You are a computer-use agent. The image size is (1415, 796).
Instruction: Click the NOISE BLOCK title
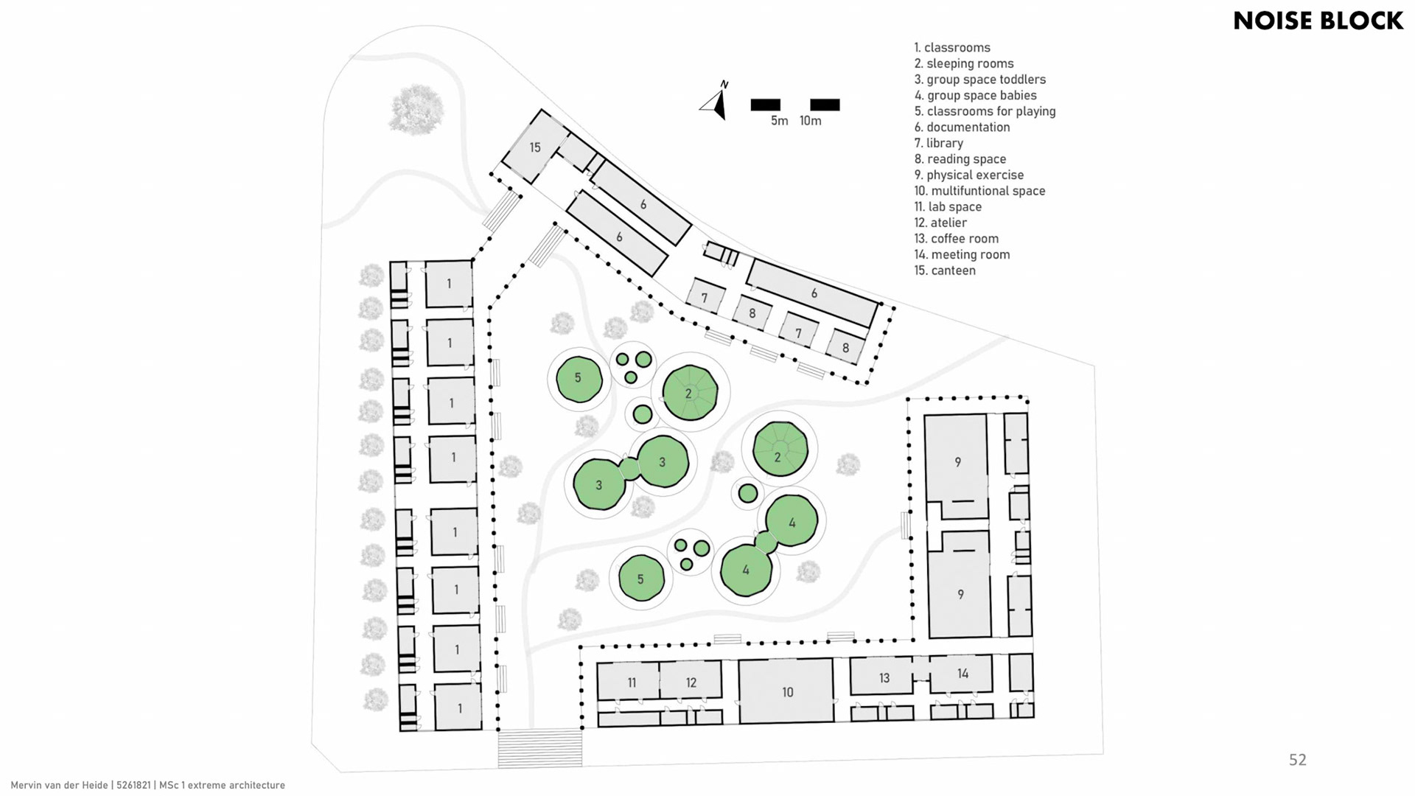pyautogui.click(x=1318, y=21)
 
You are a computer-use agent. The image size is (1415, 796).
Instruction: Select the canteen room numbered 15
pyautogui.click(x=535, y=147)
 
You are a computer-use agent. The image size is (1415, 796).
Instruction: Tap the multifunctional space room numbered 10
pyautogui.click(x=787, y=691)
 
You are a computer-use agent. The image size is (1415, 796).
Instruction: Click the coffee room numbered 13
pyautogui.click(x=884, y=677)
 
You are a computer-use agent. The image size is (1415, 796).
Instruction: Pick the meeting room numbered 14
pyautogui.click(x=962, y=674)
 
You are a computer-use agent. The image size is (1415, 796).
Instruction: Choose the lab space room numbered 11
pyautogui.click(x=631, y=681)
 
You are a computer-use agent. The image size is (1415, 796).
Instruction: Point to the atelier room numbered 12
pyautogui.click(x=691, y=681)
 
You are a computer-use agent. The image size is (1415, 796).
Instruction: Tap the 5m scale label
pyautogui.click(x=779, y=121)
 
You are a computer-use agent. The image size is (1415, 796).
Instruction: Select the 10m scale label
pyautogui.click(x=810, y=121)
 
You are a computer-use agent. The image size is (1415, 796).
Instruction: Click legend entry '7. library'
pyautogui.click(x=938, y=143)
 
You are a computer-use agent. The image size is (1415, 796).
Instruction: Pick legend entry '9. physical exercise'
pyautogui.click(x=968, y=175)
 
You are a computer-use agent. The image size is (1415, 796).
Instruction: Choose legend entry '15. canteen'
pyautogui.click(x=945, y=270)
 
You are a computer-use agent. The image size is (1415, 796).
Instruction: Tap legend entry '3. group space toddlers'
pyautogui.click(x=979, y=80)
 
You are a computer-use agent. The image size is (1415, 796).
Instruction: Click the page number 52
pyautogui.click(x=1297, y=760)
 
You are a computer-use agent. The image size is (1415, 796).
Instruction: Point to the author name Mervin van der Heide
pyautogui.click(x=59, y=786)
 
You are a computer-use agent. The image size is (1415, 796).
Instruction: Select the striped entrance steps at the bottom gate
pyautogui.click(x=540, y=747)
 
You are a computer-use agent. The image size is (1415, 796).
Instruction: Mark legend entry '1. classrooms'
pyautogui.click(x=952, y=48)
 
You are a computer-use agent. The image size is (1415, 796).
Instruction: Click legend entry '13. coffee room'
pyautogui.click(x=956, y=239)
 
